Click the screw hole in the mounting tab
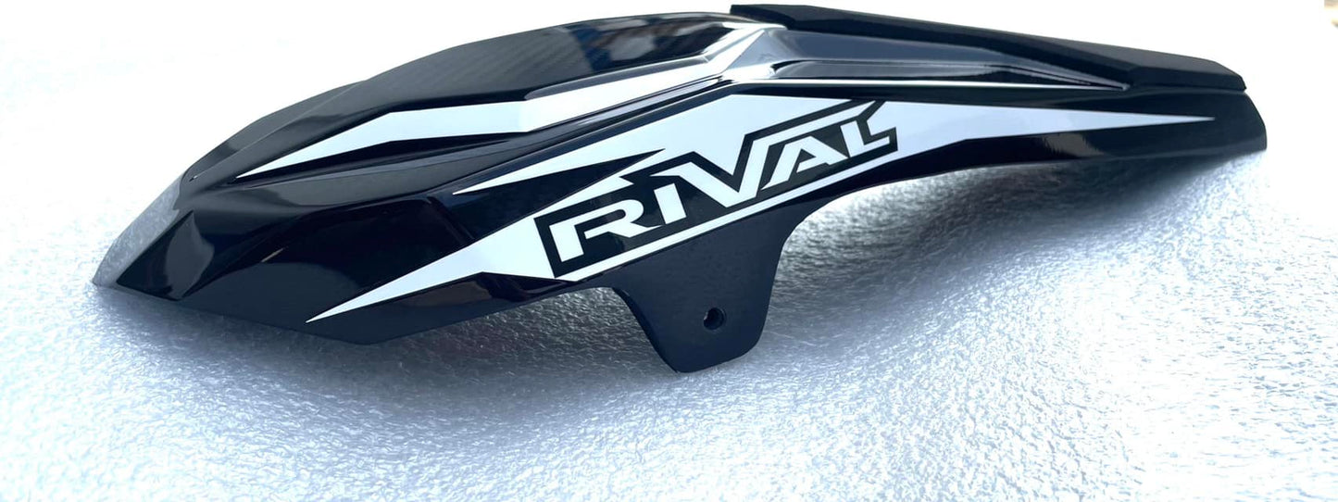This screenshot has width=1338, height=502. [x=712, y=318]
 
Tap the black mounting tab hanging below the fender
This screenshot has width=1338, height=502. [x=681, y=305]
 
